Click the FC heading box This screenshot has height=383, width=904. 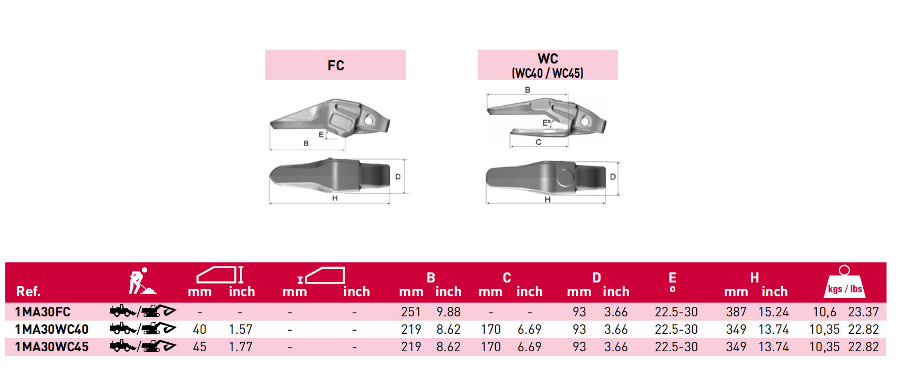(335, 65)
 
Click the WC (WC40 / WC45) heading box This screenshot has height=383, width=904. (548, 65)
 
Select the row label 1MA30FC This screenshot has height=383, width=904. (43, 312)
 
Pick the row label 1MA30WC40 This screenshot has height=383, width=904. (52, 330)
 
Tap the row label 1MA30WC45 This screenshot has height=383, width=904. (52, 346)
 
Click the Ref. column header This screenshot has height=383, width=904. (28, 291)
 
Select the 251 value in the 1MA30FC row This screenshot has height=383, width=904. (411, 312)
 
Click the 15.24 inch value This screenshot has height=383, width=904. (773, 312)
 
